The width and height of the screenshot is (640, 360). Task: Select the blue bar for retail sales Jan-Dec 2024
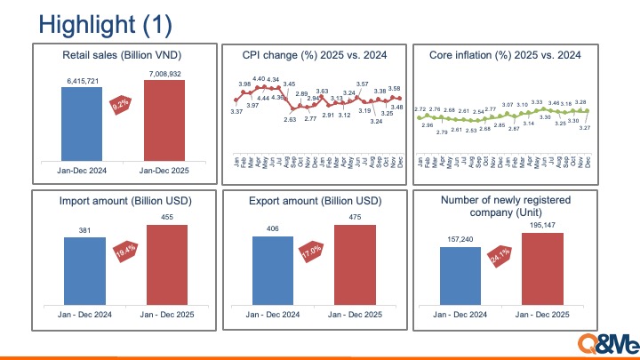point(83,125)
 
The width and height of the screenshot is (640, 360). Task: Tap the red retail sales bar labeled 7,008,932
point(164,121)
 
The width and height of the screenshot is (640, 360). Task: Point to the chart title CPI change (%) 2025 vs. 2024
point(315,55)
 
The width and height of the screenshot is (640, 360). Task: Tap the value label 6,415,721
point(83,81)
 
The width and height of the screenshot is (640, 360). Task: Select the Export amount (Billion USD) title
point(315,202)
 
